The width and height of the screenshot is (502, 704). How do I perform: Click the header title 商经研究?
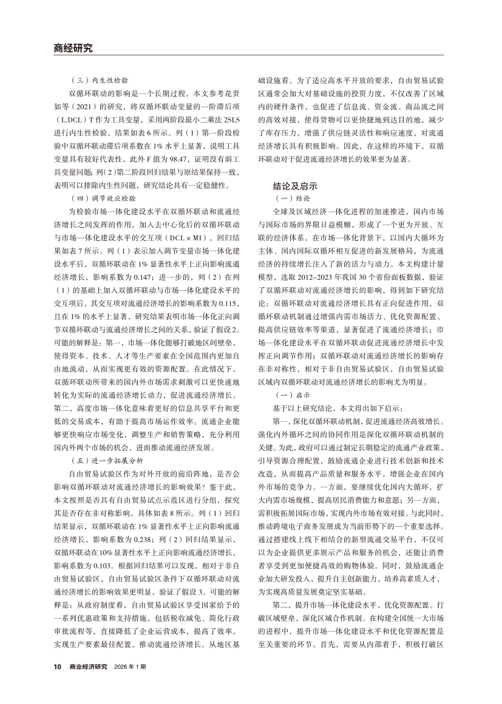70,49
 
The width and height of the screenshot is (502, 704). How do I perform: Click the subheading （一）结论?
294,198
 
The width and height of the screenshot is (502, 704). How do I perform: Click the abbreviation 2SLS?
230,115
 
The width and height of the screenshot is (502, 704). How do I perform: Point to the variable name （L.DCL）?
70,115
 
